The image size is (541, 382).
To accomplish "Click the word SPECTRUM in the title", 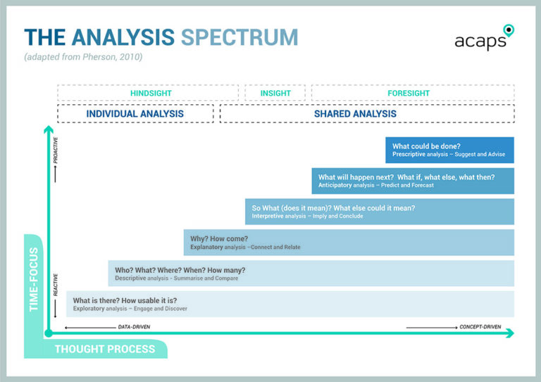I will click(240, 37).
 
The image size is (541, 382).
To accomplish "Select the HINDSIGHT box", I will click(151, 93).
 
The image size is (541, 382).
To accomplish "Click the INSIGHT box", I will click(275, 93).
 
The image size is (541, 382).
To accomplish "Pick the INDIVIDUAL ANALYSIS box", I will click(135, 113).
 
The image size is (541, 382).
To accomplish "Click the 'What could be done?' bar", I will click(449, 150).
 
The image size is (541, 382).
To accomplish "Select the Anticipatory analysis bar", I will click(412, 181).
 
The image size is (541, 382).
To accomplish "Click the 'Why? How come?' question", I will click(219, 239).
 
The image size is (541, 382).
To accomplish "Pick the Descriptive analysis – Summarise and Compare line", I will click(177, 278).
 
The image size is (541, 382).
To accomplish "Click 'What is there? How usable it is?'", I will click(125, 300).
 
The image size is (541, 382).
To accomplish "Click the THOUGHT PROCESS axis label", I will click(105, 350).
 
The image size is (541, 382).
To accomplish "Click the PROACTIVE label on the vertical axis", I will click(56, 150).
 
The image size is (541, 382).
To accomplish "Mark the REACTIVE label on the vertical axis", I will click(56, 285).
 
